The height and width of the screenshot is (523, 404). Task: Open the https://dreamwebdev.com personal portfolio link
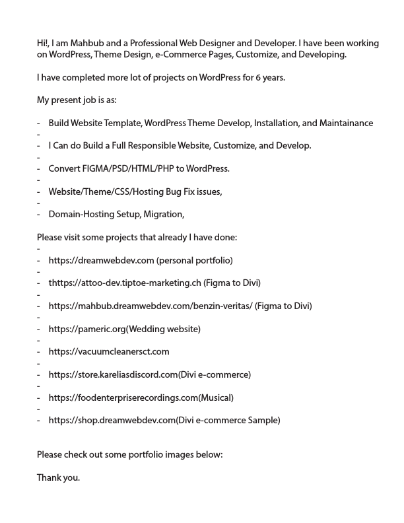pos(101,260)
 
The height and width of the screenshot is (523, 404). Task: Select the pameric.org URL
pos(86,329)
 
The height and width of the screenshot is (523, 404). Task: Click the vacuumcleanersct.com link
pos(109,352)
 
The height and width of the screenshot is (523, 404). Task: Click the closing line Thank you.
pos(58,477)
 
